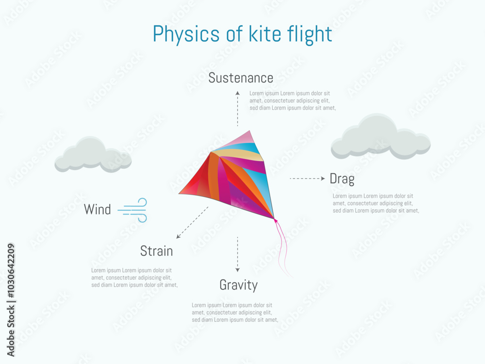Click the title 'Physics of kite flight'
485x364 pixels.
242,34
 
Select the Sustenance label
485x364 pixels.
241,78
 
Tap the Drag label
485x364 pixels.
342,179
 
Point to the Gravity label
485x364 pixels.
238,285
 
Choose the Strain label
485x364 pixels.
156,251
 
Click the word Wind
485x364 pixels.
97,210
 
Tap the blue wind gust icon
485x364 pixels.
133,210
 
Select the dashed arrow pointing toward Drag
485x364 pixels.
307,179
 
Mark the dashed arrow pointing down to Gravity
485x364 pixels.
238,254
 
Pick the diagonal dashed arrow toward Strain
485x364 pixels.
192,222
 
